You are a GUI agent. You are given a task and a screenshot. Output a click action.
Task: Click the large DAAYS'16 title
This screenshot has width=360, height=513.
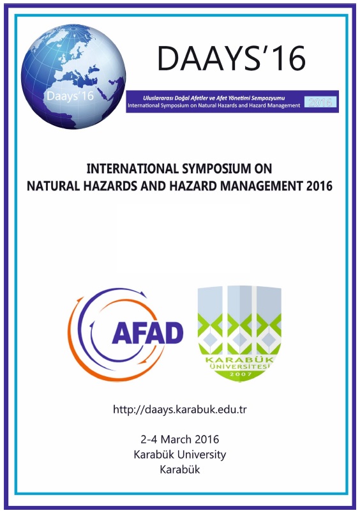click(x=231, y=59)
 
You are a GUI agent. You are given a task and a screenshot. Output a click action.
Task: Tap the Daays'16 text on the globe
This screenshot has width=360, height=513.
click(x=70, y=96)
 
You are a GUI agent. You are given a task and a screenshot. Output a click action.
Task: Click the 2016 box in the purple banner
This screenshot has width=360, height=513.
click(x=320, y=102)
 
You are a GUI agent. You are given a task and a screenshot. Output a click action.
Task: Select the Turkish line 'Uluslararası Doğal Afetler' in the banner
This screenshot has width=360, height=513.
click(x=214, y=98)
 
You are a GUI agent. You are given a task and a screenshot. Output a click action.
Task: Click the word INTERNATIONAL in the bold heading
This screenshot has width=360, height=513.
click(x=132, y=169)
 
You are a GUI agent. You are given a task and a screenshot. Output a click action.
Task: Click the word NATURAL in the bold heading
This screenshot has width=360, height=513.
click(x=53, y=186)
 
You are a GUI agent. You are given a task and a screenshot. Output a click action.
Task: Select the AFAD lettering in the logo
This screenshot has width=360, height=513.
click(x=147, y=333)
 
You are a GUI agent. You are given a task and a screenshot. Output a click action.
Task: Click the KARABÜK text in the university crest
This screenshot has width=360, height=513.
click(x=239, y=360)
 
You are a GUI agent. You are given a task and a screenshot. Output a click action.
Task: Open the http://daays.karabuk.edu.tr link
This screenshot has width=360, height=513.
click(x=180, y=410)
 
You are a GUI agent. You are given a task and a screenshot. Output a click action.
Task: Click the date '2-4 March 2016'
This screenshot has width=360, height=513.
click(x=180, y=439)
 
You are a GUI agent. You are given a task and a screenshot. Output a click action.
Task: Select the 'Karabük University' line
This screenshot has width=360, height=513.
click(x=180, y=454)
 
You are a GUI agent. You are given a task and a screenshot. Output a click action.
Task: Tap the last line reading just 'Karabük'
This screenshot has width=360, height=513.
click(x=180, y=470)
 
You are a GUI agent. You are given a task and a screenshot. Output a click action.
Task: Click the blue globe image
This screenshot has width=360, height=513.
click(x=73, y=76)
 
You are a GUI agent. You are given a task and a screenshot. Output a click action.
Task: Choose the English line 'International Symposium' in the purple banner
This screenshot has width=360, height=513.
click(x=214, y=105)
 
